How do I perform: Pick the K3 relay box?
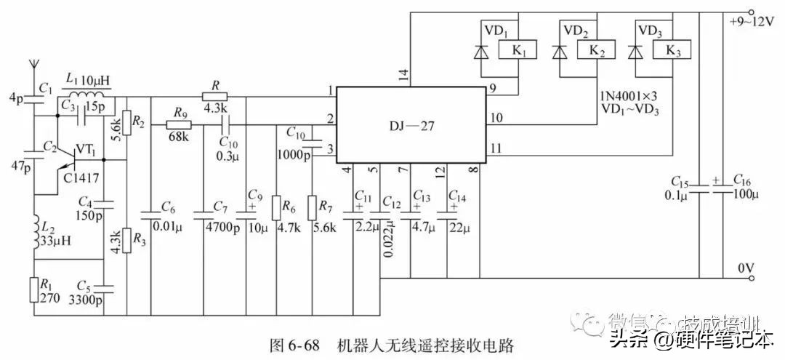point(673,51)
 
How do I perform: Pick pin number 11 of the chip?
point(496,148)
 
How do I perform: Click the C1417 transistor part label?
point(81,177)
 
